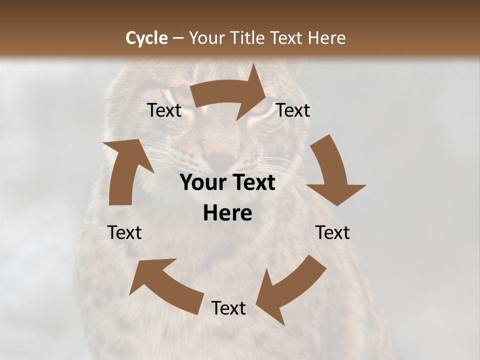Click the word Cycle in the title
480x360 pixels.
[146, 37]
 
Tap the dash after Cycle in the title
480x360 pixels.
[178, 38]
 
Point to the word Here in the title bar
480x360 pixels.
[326, 37]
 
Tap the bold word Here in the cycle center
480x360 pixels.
[227, 213]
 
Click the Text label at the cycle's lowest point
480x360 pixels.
[228, 308]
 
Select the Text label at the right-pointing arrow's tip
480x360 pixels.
[293, 110]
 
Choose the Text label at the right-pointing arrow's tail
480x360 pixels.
[164, 110]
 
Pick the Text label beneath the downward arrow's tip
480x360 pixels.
[332, 232]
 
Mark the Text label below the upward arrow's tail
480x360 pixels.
[125, 232]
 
